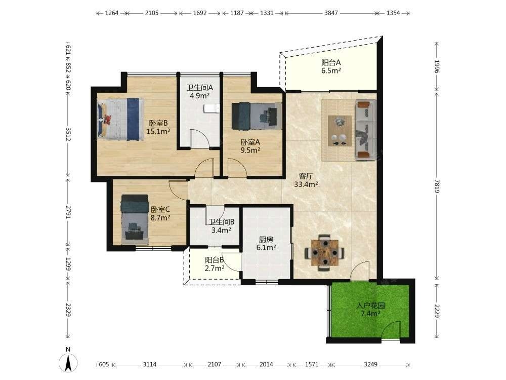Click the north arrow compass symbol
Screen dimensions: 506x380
68,362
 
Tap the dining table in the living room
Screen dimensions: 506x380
325,252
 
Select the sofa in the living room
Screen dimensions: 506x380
366,130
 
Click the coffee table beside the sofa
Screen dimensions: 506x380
340,131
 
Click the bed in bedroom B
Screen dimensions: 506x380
120,119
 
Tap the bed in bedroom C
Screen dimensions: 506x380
135,220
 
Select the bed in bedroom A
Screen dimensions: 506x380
257,116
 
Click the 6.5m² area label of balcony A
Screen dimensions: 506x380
331,71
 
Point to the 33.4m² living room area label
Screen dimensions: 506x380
306,184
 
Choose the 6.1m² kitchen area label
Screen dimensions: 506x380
266,248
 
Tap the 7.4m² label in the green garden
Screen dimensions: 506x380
370,314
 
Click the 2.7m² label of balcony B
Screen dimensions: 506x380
214,268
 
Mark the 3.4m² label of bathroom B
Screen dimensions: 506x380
221,230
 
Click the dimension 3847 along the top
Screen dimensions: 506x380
331,13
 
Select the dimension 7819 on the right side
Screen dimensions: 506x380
437,186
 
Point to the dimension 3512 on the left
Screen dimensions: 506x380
68,134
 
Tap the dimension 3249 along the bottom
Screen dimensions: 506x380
370,364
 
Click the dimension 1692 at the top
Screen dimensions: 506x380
200,13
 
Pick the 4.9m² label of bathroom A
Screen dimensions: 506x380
200,96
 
